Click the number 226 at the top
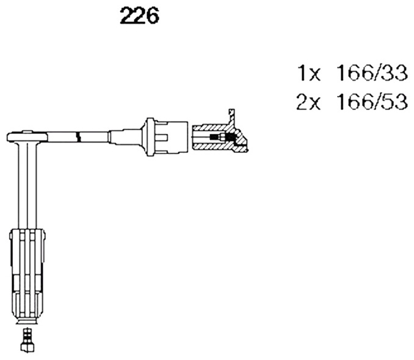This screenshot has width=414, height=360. pos(139,16)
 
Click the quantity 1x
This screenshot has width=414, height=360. pos(309,73)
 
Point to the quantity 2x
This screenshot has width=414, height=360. pos(308,102)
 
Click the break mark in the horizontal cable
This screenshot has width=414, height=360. pos(78,137)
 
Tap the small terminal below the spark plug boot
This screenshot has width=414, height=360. pos(27,340)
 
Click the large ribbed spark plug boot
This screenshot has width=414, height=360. pos(27,275)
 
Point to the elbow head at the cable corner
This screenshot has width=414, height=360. pos(27,137)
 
